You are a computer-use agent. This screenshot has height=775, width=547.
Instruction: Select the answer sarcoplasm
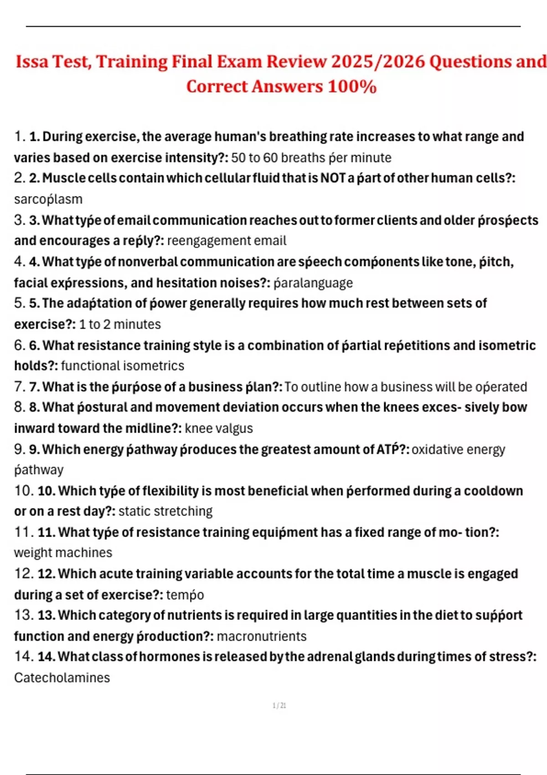coord(48,199)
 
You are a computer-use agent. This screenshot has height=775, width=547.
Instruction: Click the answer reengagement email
coord(227,241)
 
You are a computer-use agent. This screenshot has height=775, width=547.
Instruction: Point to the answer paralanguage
coord(313,283)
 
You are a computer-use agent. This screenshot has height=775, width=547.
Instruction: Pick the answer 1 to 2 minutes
coord(120,324)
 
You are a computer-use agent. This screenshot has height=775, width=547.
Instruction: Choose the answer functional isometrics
coord(123,366)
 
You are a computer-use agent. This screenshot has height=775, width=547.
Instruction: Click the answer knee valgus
coord(219,428)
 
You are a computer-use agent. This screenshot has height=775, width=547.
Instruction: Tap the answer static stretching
coord(165,511)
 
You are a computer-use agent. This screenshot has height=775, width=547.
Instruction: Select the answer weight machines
coord(63,553)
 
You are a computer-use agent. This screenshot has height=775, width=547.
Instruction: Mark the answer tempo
coord(185,594)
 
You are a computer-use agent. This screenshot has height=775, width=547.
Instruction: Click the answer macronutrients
coord(262,636)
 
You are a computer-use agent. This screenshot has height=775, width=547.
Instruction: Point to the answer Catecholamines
coord(62,677)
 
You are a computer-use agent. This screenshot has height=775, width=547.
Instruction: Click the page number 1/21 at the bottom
coord(279,706)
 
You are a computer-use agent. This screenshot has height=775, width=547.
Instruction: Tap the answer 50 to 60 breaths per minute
coord(311,158)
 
